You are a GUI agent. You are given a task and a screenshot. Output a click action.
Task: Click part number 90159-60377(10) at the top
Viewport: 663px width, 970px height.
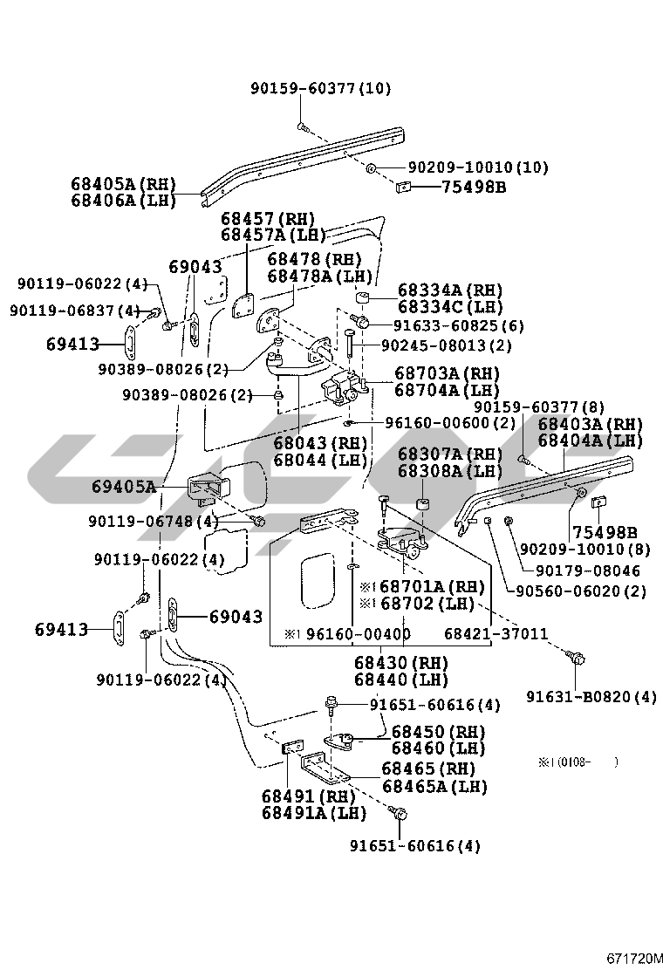tap(320, 88)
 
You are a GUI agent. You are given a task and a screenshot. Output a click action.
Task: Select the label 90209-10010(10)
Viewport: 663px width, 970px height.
tap(478, 167)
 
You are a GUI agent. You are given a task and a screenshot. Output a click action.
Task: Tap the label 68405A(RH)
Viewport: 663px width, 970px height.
tap(123, 185)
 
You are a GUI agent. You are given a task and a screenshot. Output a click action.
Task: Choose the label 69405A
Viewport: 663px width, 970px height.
tap(124, 486)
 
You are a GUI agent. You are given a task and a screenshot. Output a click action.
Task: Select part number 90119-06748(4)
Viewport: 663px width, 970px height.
tap(154, 522)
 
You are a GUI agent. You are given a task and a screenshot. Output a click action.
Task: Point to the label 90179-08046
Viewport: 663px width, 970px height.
tap(587, 571)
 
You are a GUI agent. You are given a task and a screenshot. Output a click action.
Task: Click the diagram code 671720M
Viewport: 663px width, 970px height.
tap(635, 958)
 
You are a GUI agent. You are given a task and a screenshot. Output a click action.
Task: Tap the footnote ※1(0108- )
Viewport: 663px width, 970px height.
tap(578, 762)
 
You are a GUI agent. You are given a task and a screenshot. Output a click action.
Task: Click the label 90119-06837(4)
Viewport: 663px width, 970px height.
tap(75, 311)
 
